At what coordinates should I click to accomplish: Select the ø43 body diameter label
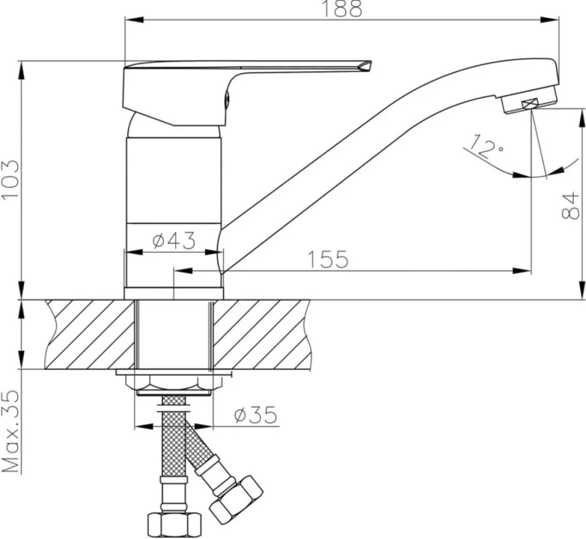(174, 240)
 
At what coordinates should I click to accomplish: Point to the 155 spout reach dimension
(328, 259)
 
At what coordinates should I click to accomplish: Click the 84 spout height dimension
(570, 205)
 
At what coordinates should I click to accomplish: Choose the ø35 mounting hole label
(256, 415)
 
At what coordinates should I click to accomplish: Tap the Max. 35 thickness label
(10, 431)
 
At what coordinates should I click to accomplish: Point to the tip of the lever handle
(371, 62)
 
